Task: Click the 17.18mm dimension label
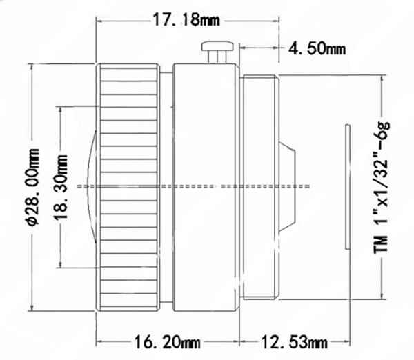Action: [x=186, y=20]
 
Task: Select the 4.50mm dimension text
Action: [x=317, y=48]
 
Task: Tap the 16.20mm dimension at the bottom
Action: [x=168, y=342]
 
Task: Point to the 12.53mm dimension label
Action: [x=295, y=342]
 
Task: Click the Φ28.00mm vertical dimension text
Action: [x=34, y=187]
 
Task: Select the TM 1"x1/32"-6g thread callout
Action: [x=382, y=188]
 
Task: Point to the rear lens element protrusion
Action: [x=287, y=187]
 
